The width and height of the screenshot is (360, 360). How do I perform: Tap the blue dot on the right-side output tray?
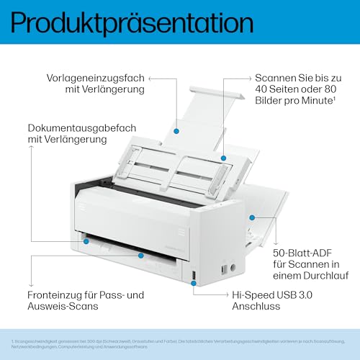[251, 216]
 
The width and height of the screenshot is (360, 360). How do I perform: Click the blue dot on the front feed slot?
[142, 253]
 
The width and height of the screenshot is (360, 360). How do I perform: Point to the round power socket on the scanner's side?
[224, 271]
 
